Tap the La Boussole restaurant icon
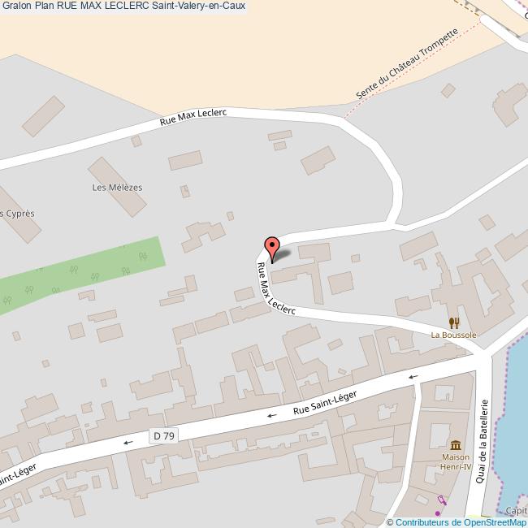[x=453, y=322]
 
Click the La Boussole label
[x=453, y=335]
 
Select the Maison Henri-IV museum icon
[x=455, y=445]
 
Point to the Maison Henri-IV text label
[x=455, y=462]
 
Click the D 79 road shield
[x=163, y=436]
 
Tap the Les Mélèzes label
[x=117, y=187]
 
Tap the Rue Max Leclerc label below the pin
[x=275, y=291]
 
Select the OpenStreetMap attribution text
[x=457, y=522]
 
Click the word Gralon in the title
[x=17, y=6]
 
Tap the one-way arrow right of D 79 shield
[x=272, y=415]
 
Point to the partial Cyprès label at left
[x=18, y=214]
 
